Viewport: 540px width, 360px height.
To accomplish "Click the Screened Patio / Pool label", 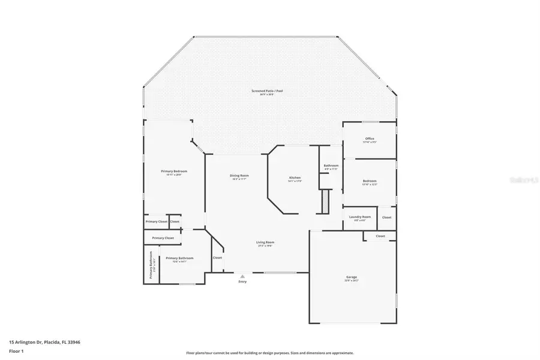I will tap(267, 91).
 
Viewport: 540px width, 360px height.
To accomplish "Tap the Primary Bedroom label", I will tap(171, 172).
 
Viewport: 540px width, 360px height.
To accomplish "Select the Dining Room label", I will tap(239, 176).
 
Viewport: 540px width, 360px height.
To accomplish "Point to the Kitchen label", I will tap(295, 178).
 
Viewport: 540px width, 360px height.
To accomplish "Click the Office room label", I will tap(370, 139).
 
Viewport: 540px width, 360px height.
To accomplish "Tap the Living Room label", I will tap(266, 242).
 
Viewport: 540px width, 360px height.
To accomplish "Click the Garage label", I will tap(351, 278).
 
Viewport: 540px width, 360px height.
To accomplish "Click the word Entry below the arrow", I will tap(242, 281).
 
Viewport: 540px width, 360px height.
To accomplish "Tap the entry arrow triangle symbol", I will tap(242, 276).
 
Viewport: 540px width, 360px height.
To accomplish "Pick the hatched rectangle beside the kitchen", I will tap(325, 201).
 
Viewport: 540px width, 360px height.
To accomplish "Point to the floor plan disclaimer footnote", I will tap(270, 353).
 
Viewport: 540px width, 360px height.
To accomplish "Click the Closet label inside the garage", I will tap(380, 236).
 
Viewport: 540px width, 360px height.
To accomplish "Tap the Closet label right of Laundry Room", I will tap(387, 217).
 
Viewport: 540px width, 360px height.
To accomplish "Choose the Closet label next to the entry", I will tap(217, 257).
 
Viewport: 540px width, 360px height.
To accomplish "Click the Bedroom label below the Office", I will tap(370, 181).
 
